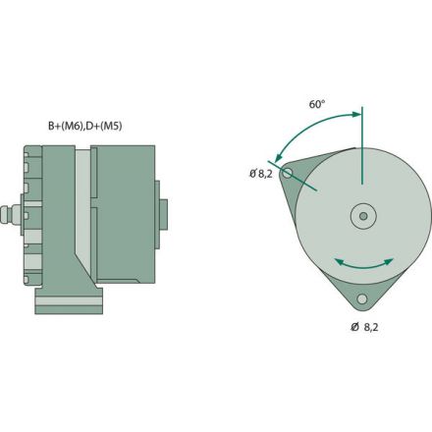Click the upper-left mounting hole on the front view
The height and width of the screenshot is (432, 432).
point(287,173)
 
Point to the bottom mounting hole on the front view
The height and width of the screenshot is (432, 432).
point(362,298)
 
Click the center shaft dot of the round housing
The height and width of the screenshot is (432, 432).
point(363,215)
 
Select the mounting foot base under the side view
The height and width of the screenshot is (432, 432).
point(68,301)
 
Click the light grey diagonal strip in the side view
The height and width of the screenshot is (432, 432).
point(83,216)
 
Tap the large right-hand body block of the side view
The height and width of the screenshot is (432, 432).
point(127,211)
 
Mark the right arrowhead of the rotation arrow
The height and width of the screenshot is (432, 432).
point(394,260)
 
